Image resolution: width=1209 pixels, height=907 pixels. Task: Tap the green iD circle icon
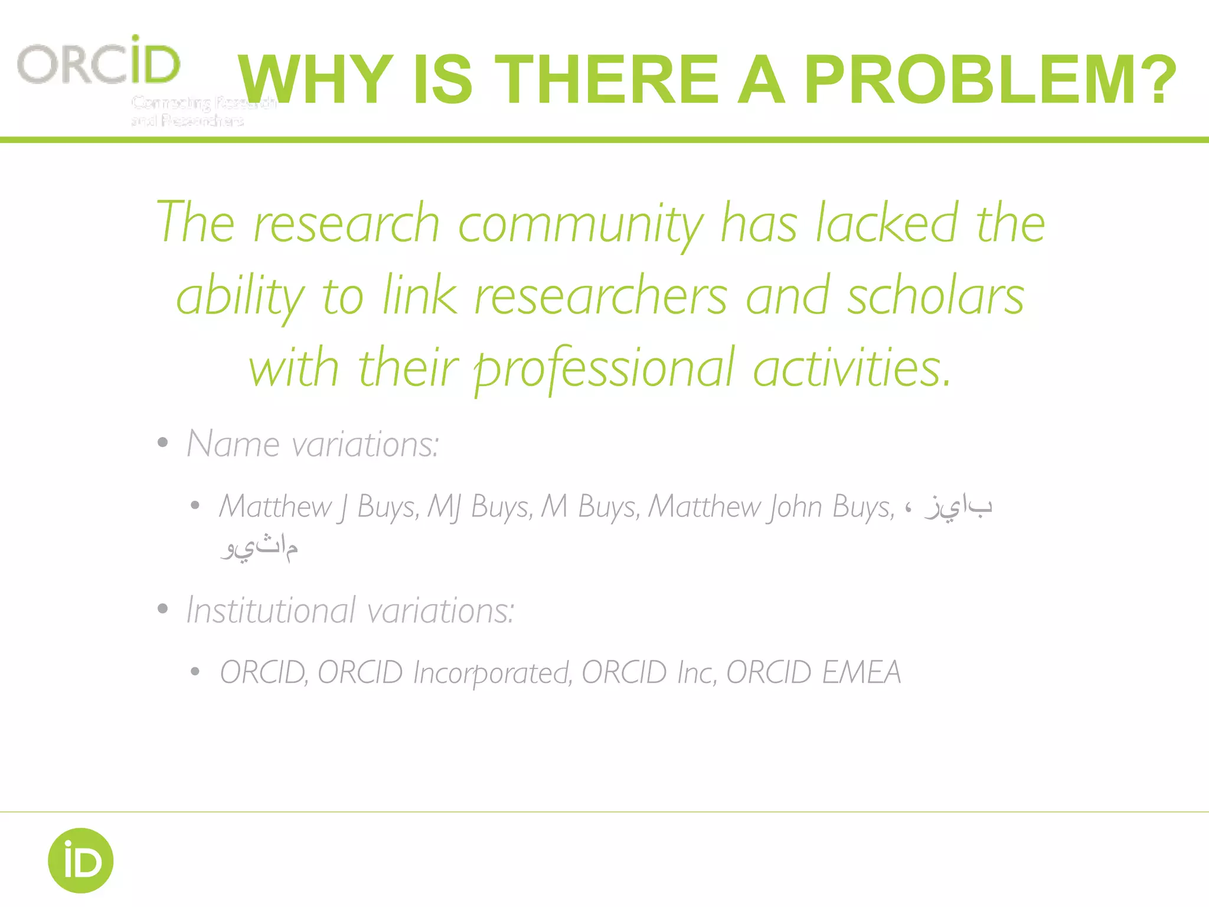pyautogui.click(x=81, y=860)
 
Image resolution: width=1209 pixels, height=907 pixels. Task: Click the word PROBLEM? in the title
pyautogui.click(x=991, y=80)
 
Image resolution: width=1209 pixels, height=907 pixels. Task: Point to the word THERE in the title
pyautogui.click(x=608, y=80)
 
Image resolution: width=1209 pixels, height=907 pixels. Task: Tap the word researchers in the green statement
pyautogui.click(x=600, y=297)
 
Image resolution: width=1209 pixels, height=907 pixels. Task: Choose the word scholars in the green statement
pyautogui.click(x=936, y=297)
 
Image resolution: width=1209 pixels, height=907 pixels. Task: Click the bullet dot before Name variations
pyautogui.click(x=163, y=443)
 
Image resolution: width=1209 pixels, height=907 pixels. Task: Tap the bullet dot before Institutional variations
pyautogui.click(x=163, y=609)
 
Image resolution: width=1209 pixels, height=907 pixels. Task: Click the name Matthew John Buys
pyautogui.click(x=770, y=507)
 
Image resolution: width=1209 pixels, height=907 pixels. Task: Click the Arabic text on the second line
pyautogui.click(x=260, y=547)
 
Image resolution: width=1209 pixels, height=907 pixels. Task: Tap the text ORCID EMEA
pyautogui.click(x=813, y=673)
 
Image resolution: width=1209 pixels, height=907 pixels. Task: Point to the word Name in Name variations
pyautogui.click(x=233, y=444)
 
